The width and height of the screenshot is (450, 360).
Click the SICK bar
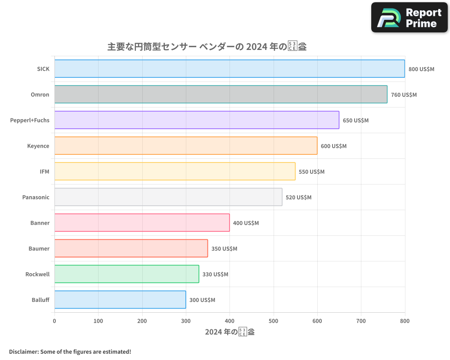[229, 69]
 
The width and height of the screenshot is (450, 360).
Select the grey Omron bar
[220, 94]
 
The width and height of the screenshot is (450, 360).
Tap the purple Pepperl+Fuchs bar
[197, 120]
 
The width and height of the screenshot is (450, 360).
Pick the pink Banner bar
[142, 223]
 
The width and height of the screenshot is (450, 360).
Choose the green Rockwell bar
[126, 274]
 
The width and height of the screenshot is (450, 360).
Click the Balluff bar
[120, 300]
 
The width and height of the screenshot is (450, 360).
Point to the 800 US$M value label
[421, 69]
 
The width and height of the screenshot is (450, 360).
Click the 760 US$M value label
[404, 95]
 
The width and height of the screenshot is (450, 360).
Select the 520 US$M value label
[298, 198]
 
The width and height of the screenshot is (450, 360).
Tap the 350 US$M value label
[224, 249]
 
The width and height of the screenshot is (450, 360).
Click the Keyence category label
[38, 146]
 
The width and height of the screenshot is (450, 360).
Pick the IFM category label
[45, 171]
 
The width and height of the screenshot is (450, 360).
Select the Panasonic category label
[36, 197]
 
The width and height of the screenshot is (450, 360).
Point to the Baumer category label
[39, 248]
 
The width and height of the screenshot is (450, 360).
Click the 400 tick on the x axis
[229, 321]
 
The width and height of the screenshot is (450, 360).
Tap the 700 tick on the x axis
[361, 321]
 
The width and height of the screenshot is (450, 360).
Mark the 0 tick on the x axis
[54, 321]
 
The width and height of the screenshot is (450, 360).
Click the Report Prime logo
[409, 18]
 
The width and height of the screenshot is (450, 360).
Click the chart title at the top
[207, 46]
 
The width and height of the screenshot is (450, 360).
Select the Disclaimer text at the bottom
[70, 351]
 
